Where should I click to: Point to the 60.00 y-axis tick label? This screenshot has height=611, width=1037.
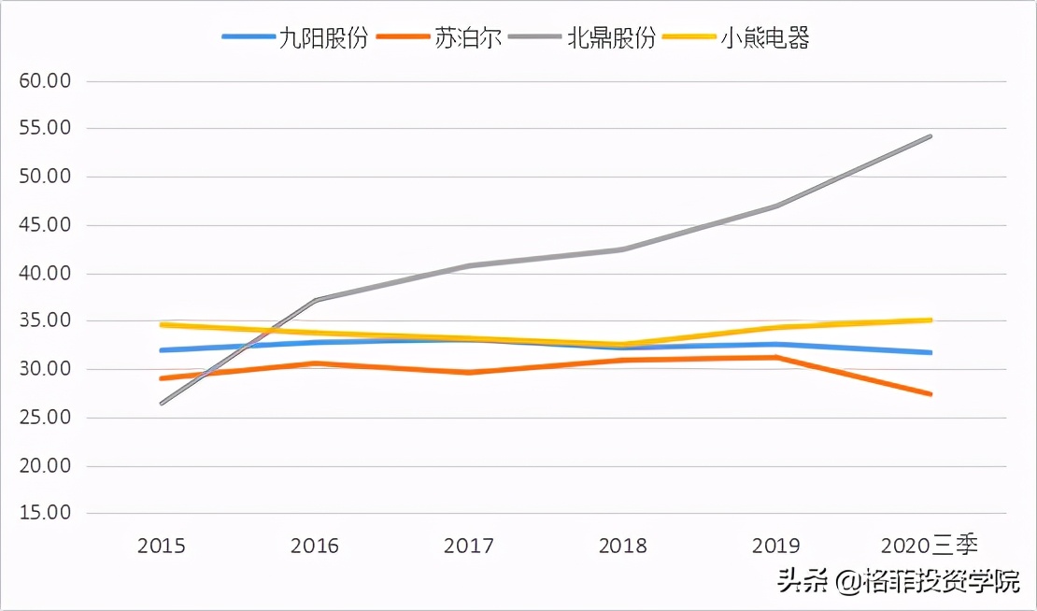45,80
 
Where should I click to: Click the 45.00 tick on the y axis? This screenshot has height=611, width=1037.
45,225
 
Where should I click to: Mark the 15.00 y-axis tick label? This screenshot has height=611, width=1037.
45,513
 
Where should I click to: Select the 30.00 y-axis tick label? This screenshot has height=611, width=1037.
45,369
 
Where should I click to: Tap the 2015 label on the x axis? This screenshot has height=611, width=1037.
162,546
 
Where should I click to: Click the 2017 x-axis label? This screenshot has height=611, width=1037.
469,546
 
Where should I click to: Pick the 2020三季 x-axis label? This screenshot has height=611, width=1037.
929,546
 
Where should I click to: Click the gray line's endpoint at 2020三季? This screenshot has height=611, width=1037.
930,136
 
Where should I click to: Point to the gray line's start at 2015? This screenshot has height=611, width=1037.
163,404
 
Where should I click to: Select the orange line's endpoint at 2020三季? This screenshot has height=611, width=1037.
930,394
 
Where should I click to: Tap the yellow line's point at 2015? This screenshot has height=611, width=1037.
163,324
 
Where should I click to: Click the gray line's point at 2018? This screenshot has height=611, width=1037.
623,249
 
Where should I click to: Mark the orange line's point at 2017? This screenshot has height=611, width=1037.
469,372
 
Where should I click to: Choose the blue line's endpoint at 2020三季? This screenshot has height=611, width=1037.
930,352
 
